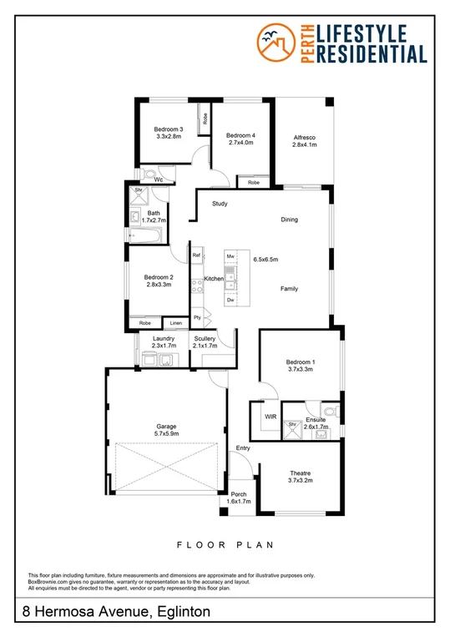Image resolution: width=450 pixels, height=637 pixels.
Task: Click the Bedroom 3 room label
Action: pyautogui.click(x=168, y=129)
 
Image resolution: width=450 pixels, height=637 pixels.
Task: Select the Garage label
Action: pyautogui.click(x=166, y=426)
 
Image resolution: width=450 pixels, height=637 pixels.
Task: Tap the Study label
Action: pyautogui.click(x=220, y=204)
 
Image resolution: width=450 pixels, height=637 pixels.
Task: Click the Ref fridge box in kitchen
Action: pyautogui.click(x=197, y=255)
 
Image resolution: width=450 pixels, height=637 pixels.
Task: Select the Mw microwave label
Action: pyautogui.click(x=230, y=256)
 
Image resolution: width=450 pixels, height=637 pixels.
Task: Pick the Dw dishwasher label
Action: pyautogui.click(x=230, y=299)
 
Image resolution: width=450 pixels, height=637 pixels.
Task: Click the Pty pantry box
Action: pyautogui.click(x=198, y=317)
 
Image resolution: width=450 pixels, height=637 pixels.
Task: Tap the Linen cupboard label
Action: pyautogui.click(x=175, y=322)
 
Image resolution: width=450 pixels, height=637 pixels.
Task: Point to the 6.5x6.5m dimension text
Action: pyautogui.click(x=265, y=260)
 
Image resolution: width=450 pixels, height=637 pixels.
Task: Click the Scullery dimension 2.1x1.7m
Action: pyautogui.click(x=205, y=346)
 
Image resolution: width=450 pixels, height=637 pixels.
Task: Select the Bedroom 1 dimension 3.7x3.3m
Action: pyautogui.click(x=300, y=368)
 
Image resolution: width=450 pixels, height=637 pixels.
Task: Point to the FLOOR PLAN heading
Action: pyautogui.click(x=225, y=544)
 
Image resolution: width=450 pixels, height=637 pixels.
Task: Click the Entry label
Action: pyautogui.click(x=243, y=449)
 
